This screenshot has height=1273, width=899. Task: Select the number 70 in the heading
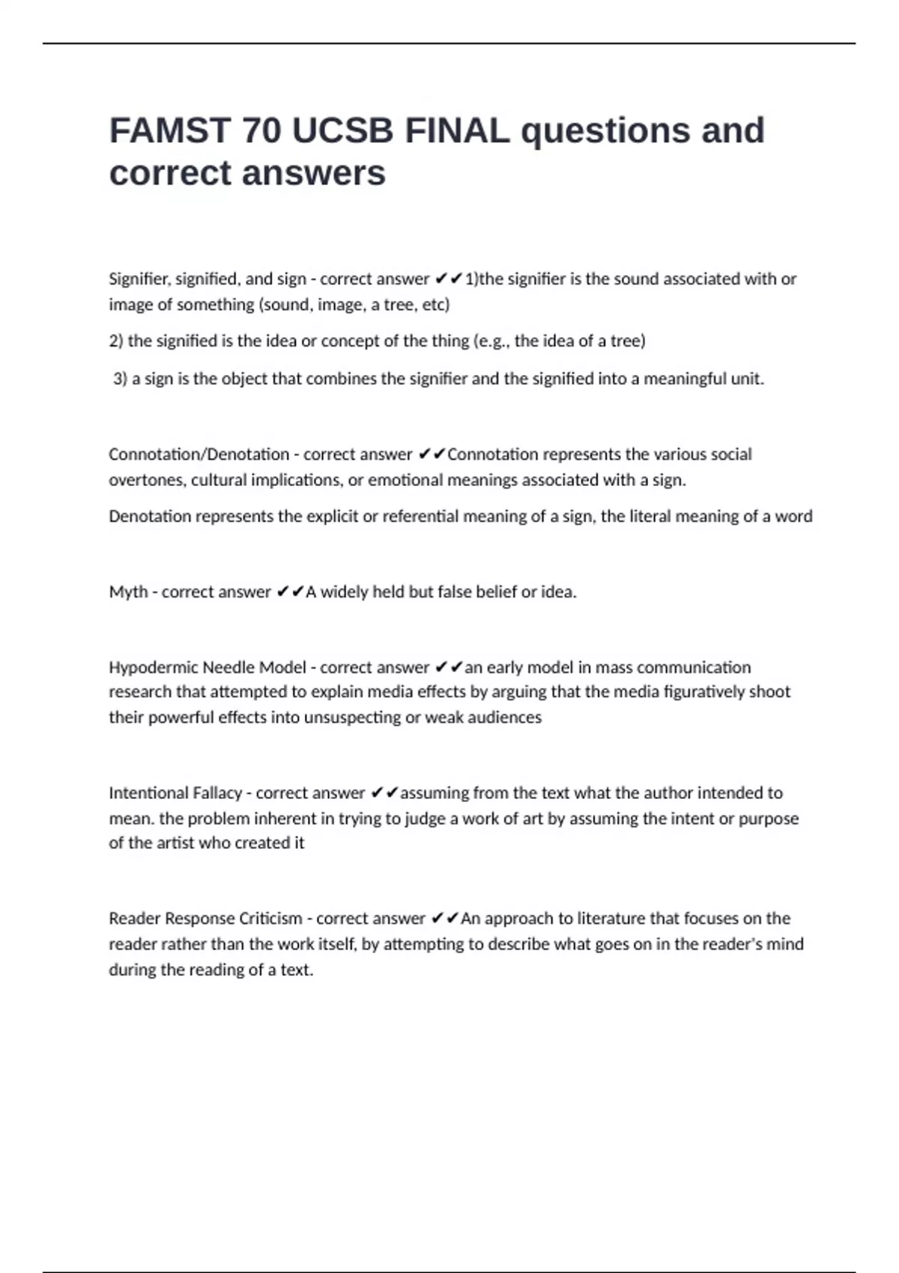(261, 131)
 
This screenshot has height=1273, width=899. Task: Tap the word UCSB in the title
(342, 131)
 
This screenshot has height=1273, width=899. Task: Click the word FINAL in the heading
(457, 131)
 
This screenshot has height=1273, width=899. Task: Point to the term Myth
(128, 592)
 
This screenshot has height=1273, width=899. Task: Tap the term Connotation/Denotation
(199, 455)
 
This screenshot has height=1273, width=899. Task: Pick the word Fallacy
(218, 793)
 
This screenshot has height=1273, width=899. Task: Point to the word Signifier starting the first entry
(139, 279)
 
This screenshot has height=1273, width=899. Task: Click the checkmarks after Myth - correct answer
(290, 592)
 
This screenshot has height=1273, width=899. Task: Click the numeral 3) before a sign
(120, 379)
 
